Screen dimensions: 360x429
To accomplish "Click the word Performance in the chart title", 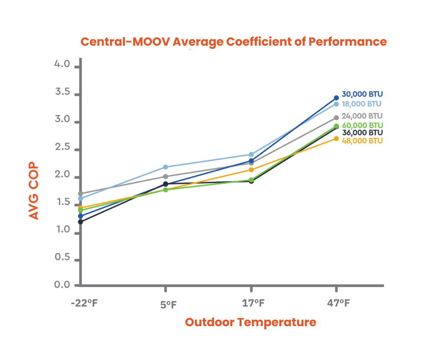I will (347, 42).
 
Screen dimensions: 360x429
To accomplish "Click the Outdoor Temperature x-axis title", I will (251, 322).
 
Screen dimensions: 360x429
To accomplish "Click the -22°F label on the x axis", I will (84, 303).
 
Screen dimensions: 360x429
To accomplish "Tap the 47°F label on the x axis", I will (338, 303).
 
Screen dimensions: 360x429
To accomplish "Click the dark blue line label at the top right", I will (363, 94).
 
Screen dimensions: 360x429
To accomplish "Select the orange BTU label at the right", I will (363, 140).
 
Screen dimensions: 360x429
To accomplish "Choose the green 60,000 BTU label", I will (363, 125).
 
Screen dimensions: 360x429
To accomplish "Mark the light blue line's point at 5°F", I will (166, 166).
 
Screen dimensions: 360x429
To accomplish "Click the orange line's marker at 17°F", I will (251, 170).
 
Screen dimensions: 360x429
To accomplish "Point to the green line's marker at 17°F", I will (251, 180).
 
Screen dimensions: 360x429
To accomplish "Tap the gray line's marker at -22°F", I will (80, 194).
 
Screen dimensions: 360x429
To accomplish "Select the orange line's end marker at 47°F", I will (336, 138).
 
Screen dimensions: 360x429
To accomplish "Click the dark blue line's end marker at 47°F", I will (336, 97).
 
